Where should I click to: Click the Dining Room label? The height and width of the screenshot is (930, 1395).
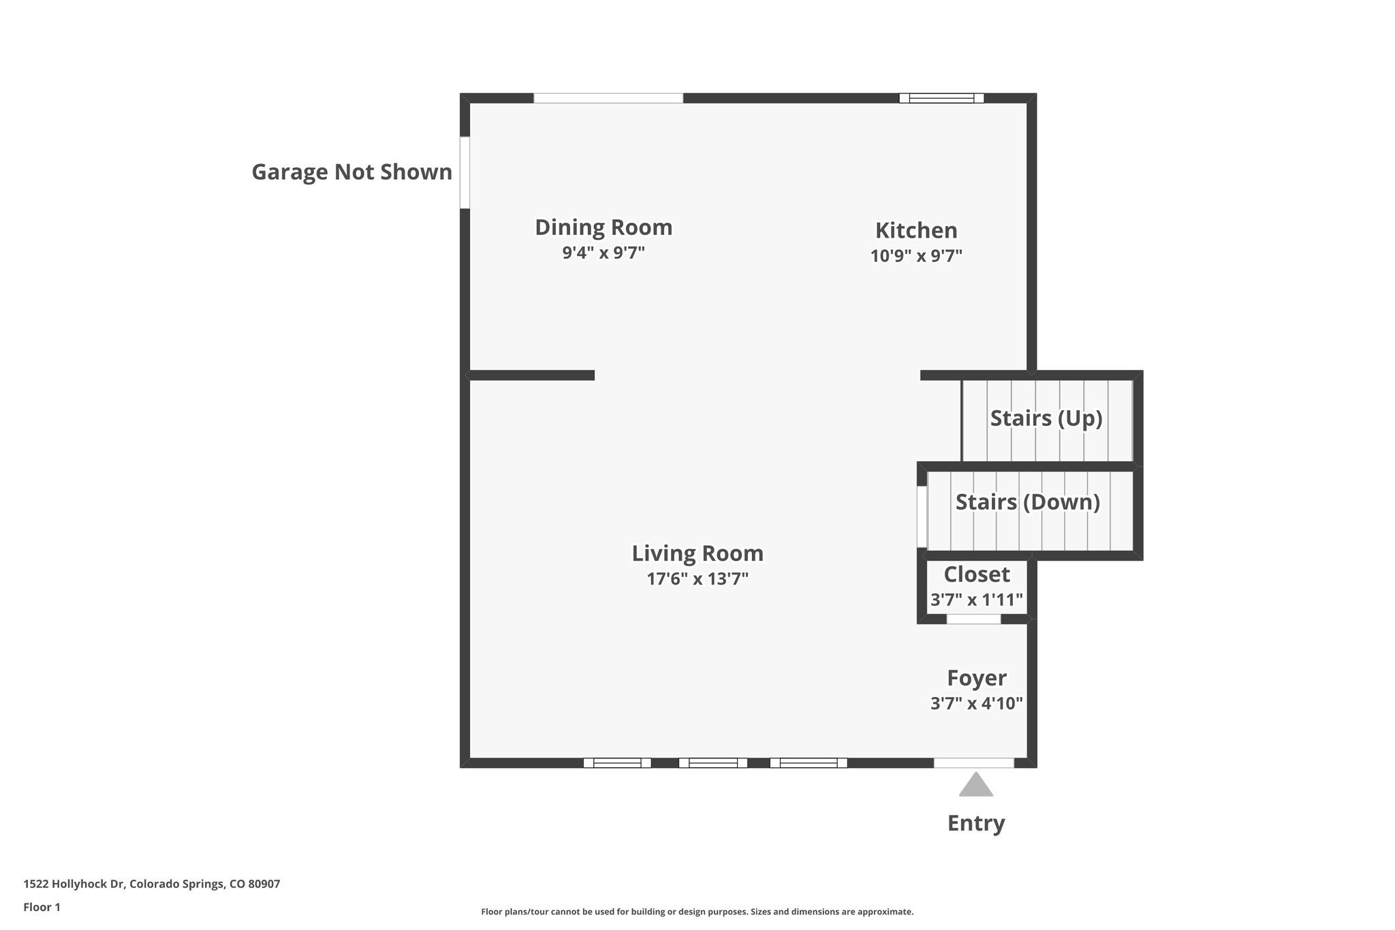tap(604, 228)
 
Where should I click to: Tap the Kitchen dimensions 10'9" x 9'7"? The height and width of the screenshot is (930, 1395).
tap(916, 256)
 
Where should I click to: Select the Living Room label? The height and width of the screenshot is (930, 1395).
tap(697, 553)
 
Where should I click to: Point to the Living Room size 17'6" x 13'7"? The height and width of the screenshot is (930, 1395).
tap(697, 579)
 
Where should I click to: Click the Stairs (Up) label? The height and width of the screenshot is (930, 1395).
tap(1046, 418)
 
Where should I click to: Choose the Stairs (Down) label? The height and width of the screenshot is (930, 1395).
tap(1028, 502)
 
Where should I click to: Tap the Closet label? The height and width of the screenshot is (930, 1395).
tap(977, 574)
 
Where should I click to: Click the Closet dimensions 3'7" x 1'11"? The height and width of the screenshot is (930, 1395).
tap(977, 600)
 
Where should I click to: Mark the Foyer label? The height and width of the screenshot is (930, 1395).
tap(977, 678)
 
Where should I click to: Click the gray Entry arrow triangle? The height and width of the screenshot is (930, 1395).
tap(976, 786)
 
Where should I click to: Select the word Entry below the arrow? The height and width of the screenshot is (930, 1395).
tap(976, 823)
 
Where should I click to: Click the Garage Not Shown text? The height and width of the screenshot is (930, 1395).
tap(352, 172)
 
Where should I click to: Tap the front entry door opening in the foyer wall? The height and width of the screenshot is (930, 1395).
tap(974, 763)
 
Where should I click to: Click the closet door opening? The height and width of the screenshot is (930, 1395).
tap(974, 619)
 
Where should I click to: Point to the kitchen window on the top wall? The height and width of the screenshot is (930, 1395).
tap(941, 98)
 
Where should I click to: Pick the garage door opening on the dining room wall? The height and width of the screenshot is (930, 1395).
tap(465, 173)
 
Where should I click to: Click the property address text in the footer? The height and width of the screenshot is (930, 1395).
tap(152, 884)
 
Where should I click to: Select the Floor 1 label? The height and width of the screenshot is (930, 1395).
tap(42, 908)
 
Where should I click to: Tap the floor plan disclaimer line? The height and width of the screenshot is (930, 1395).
tap(697, 912)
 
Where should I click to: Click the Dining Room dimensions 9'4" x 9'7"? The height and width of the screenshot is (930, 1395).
tap(604, 253)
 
